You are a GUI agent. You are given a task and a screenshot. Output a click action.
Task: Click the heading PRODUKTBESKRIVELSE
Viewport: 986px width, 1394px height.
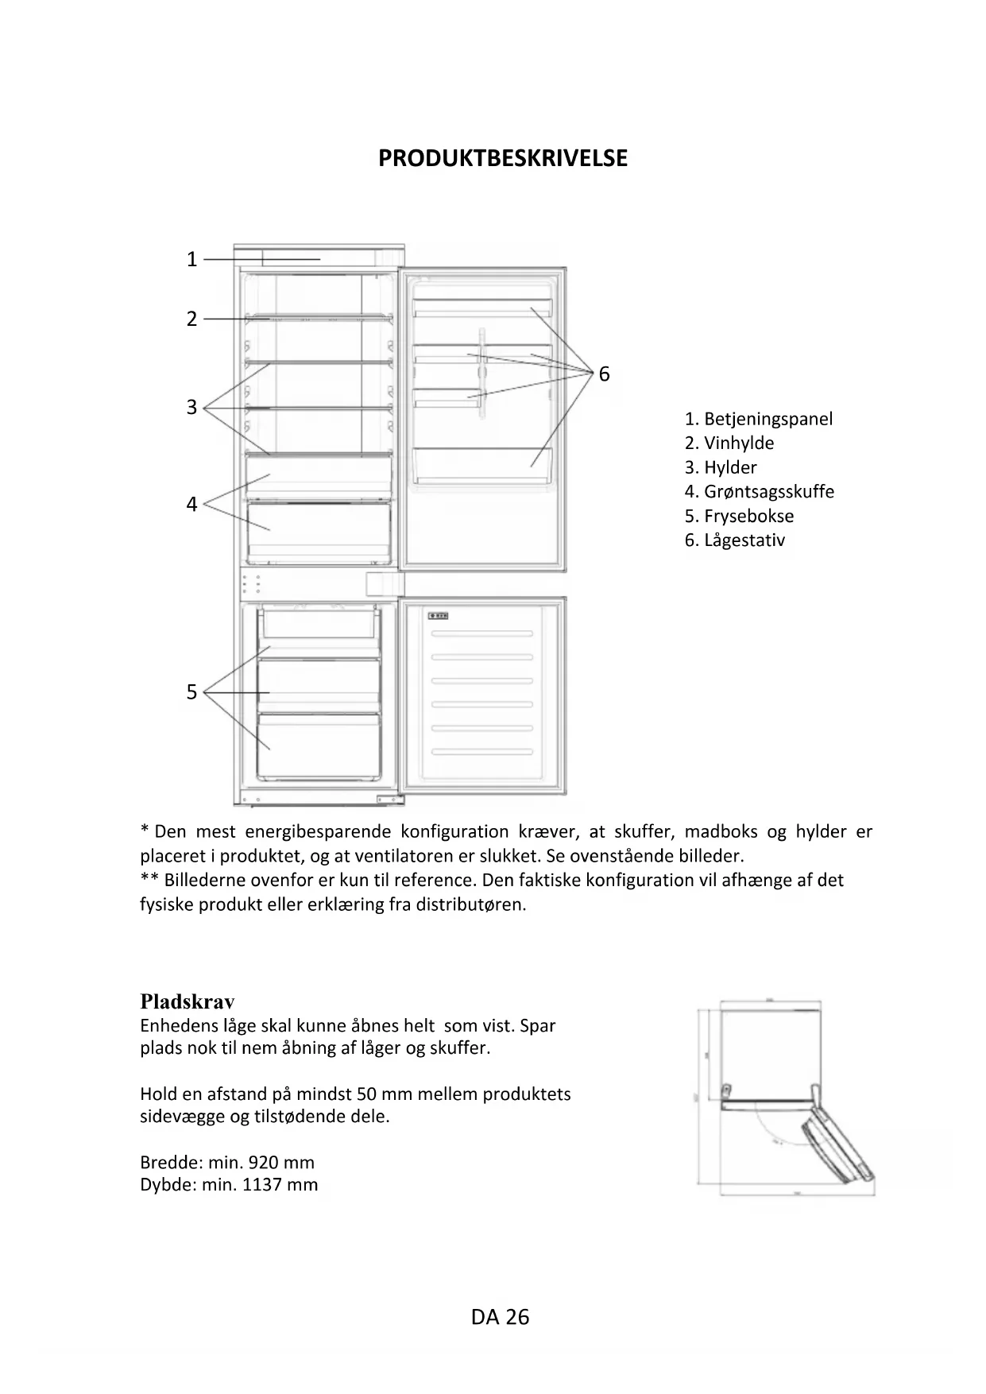tap(502, 158)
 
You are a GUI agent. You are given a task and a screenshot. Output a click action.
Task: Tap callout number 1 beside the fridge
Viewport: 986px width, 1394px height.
tap(191, 259)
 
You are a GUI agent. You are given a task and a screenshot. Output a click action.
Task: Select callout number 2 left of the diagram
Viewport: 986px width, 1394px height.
tap(191, 319)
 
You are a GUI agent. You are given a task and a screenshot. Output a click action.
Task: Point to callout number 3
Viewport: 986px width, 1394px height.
tap(191, 407)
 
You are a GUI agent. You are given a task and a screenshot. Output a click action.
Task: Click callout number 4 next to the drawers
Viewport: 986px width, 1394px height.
tap(191, 504)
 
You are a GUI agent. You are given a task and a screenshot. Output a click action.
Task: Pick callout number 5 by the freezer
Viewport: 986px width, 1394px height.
tap(191, 692)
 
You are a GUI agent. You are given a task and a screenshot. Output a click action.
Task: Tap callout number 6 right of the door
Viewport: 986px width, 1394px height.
tap(605, 374)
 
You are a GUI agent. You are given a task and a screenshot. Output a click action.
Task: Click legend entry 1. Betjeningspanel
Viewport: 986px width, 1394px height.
tap(759, 419)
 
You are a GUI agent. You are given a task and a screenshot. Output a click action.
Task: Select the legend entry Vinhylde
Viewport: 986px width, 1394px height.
tap(739, 443)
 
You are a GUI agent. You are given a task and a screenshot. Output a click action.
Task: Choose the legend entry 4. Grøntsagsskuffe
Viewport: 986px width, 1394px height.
tap(760, 491)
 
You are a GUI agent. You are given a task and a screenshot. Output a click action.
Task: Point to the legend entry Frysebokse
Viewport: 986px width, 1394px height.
tap(748, 516)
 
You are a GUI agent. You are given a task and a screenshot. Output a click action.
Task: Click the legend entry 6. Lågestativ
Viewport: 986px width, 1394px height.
tap(735, 540)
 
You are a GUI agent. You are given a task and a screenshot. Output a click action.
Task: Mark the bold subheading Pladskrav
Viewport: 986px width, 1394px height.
tap(188, 1001)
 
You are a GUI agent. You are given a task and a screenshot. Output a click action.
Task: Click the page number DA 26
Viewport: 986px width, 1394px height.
tap(500, 1317)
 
